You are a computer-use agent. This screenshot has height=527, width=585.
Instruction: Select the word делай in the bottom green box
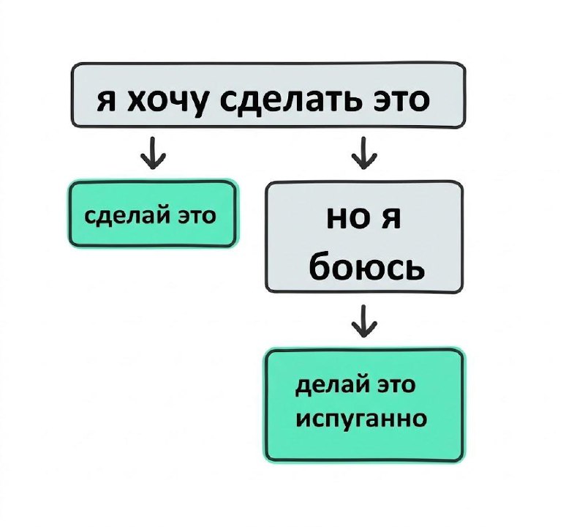[326, 386]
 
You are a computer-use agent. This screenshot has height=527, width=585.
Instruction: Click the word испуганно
[361, 420]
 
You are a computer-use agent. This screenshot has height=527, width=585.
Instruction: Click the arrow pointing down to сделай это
[154, 154]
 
